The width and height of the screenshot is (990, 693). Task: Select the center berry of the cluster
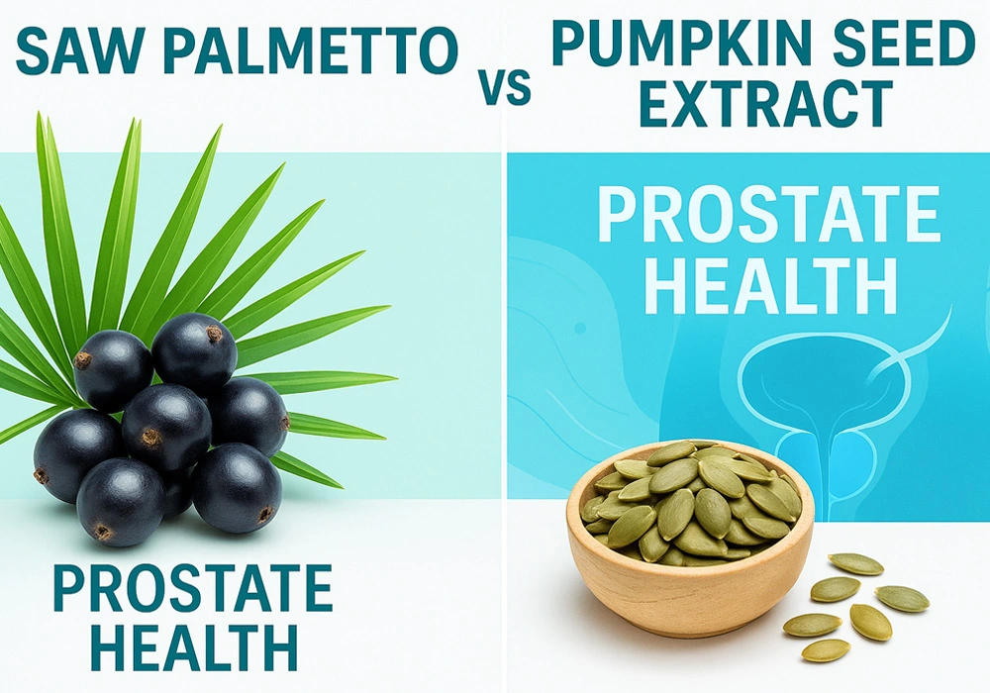[x=165, y=426]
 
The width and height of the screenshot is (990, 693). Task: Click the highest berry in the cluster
[x=194, y=351]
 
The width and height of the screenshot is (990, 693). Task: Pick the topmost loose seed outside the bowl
[x=856, y=563]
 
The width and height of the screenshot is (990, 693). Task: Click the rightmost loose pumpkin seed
[x=902, y=598]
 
